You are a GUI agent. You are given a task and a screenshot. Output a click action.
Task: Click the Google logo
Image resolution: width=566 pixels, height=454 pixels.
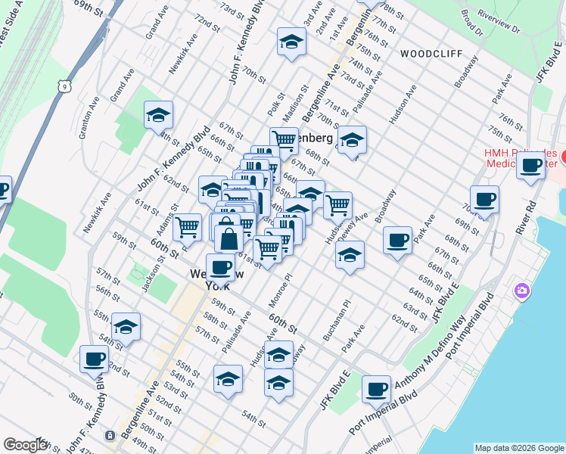26,445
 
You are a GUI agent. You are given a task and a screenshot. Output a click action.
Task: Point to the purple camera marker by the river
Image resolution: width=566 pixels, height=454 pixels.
521,291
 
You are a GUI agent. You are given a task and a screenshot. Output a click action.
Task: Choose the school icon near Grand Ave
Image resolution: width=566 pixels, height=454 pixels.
158,115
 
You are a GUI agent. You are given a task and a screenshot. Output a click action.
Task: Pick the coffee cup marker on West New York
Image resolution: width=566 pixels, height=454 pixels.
220,267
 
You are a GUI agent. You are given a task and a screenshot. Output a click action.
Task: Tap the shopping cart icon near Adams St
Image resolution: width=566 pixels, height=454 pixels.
187,225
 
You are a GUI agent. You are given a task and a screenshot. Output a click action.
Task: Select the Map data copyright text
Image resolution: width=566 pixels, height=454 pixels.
518,448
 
